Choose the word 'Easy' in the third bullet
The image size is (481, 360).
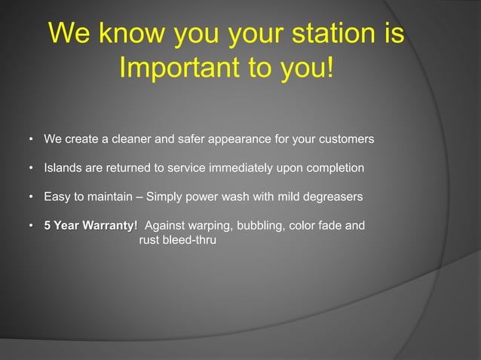click(x=57, y=197)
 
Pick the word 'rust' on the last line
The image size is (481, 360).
click(x=151, y=241)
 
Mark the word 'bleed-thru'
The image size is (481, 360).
click(x=189, y=241)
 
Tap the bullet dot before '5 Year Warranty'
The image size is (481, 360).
click(x=31, y=226)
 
